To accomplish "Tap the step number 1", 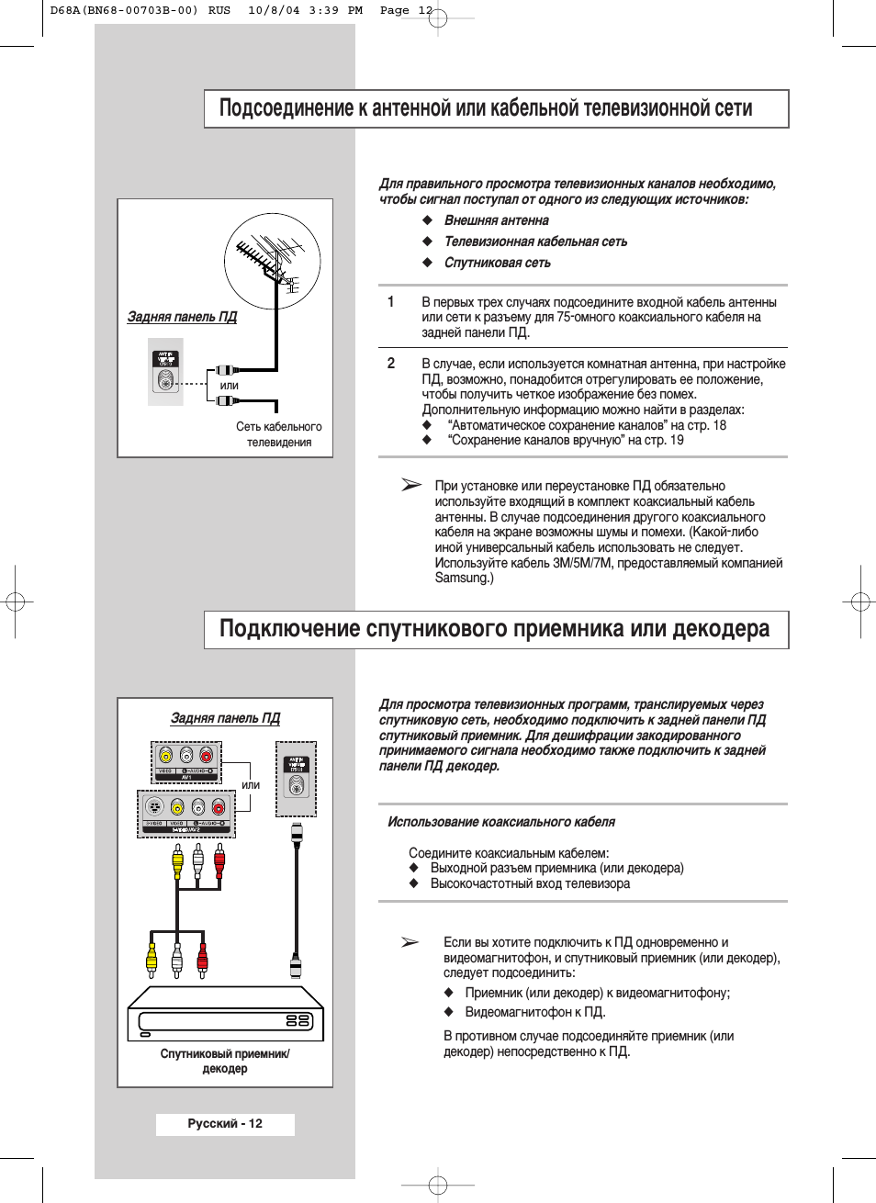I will click(391, 302).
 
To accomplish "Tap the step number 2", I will click(391, 364).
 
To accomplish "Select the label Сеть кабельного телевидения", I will click(279, 434).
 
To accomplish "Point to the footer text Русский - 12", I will click(225, 1124).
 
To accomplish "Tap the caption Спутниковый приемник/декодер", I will click(225, 1062).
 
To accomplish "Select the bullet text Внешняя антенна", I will click(497, 220).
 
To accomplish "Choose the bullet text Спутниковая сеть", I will click(498, 263).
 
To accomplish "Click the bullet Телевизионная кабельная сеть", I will click(535, 242).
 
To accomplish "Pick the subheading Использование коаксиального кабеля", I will click(501, 822).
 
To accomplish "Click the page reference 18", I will click(719, 425).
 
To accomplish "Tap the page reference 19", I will click(677, 440).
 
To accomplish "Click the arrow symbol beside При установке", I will click(411, 485).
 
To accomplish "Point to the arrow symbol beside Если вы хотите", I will click(410, 941).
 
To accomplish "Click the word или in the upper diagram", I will click(230, 386).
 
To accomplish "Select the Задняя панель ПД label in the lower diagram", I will click(225, 718).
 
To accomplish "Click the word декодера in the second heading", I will click(721, 629).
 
